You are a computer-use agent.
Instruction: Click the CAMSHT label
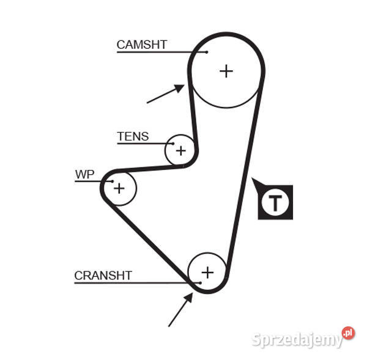141,45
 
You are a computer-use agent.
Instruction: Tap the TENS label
132,136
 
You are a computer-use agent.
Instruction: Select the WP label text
84,175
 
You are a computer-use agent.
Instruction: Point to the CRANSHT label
103,276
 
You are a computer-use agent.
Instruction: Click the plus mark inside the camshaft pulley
226,71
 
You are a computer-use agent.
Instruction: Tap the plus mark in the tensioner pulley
180,150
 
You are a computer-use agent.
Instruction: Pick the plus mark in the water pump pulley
119,188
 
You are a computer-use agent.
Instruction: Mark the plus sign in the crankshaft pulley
208,272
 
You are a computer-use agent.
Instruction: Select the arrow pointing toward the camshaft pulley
165,94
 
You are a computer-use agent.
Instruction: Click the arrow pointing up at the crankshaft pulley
180,310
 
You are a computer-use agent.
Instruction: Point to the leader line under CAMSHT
159,52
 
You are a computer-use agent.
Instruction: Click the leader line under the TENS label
144,144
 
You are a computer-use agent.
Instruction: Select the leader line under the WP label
92,182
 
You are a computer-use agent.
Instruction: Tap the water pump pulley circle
127,179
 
